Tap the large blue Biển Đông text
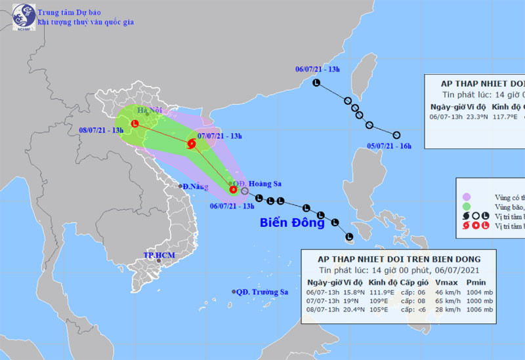(292, 222)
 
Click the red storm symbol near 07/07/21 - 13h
(192, 144)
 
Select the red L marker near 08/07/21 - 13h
(135, 123)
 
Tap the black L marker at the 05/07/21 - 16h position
(396, 135)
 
